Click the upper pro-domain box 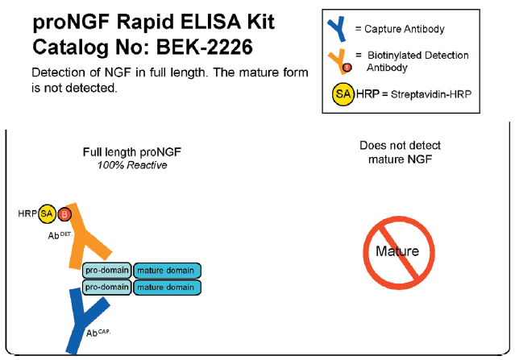coord(107,271)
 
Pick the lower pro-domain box coord(107,287)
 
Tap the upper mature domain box coord(166,271)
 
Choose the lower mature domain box coord(166,287)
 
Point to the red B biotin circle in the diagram coord(65,214)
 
